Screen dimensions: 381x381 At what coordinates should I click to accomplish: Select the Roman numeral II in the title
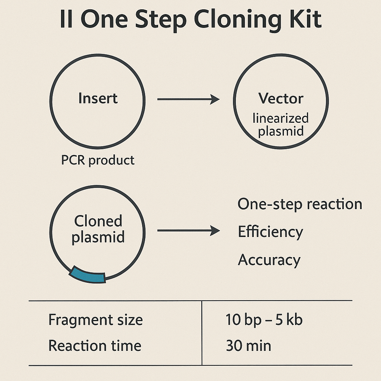pyautogui.click(x=66, y=19)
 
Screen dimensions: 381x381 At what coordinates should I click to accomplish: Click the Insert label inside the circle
pyautogui.click(x=98, y=98)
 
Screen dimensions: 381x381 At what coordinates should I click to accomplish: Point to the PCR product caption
pyautogui.click(x=98, y=160)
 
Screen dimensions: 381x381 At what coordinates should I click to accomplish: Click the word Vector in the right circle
pyautogui.click(x=281, y=98)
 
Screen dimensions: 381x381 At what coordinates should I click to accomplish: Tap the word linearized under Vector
pyautogui.click(x=281, y=118)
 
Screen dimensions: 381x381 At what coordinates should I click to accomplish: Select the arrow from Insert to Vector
pyautogui.click(x=189, y=99)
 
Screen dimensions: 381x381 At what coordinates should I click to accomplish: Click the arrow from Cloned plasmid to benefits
pyautogui.click(x=189, y=230)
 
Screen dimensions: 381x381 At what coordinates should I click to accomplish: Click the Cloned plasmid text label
pyautogui.click(x=98, y=229)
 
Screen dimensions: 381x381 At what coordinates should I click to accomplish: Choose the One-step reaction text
pyautogui.click(x=300, y=204)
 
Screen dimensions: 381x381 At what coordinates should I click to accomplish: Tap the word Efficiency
pyautogui.click(x=270, y=232)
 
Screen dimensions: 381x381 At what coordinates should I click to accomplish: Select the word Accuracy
pyautogui.click(x=269, y=260)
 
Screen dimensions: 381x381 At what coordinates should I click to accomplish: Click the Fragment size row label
pyautogui.click(x=96, y=320)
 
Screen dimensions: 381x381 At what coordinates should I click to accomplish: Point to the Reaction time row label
pyautogui.click(x=95, y=346)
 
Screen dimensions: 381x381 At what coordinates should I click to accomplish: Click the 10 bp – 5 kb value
pyautogui.click(x=264, y=320)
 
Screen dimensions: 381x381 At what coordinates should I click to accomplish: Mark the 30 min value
pyautogui.click(x=248, y=346)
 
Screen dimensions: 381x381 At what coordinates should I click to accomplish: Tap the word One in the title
pyautogui.click(x=104, y=19)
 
